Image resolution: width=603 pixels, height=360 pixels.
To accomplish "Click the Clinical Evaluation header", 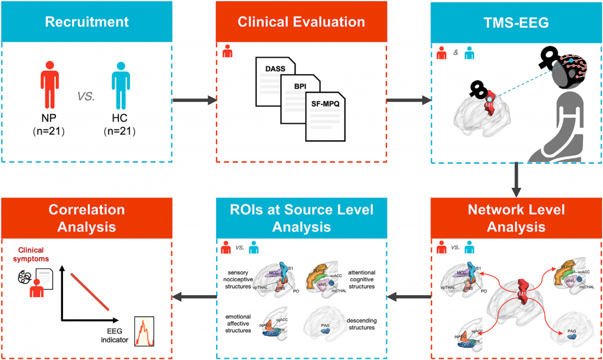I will [x=301, y=22].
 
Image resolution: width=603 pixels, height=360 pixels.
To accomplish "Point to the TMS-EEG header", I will [x=516, y=22].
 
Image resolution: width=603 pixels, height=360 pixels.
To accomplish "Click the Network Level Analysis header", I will [x=516, y=217].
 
